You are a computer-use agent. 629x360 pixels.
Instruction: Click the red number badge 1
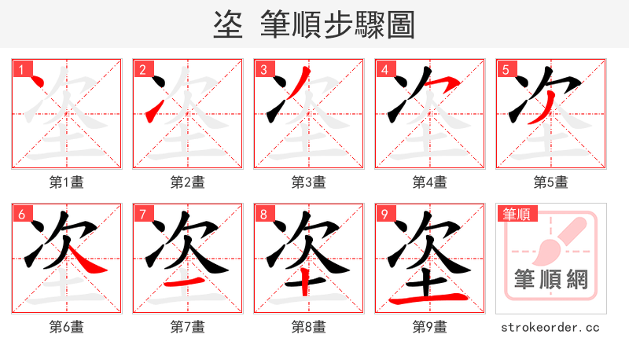pyautogui.click(x=21, y=68)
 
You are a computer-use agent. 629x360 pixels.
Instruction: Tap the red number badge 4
pyautogui.click(x=384, y=68)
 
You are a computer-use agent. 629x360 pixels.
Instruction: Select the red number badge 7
pyautogui.click(x=142, y=213)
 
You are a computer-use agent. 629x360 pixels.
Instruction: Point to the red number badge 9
pyautogui.click(x=384, y=213)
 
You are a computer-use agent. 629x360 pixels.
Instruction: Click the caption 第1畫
pyautogui.click(x=67, y=182)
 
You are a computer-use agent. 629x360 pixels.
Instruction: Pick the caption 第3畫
pyautogui.click(x=309, y=182)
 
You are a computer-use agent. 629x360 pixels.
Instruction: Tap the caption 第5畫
pyautogui.click(x=551, y=182)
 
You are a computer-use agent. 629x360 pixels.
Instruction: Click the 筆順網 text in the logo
pyautogui.click(x=551, y=278)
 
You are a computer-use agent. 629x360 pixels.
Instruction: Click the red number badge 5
pyautogui.click(x=506, y=68)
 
